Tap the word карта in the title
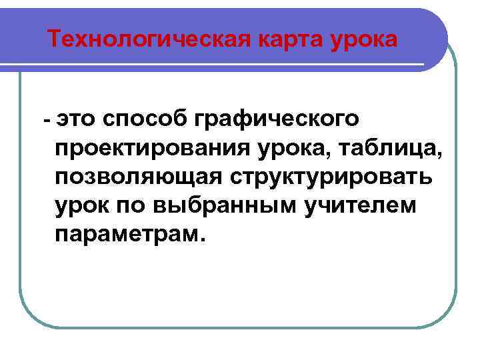[x=285, y=39]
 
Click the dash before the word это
[x=46, y=120]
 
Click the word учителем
[x=359, y=206]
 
